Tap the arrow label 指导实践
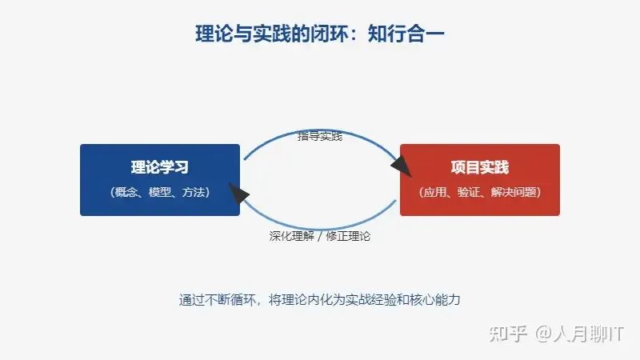point(320,136)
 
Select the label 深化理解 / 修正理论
point(320,237)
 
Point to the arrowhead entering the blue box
point(238,193)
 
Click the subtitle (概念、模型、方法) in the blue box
point(160,192)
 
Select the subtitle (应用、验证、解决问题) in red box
point(480,192)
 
